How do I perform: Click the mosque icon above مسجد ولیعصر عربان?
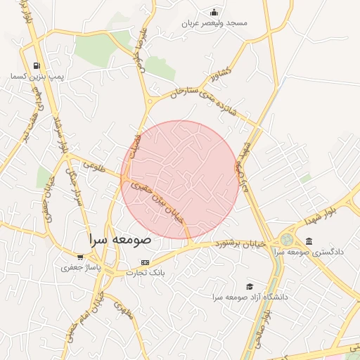click(214, 12)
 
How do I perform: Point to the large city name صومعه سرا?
click(120, 239)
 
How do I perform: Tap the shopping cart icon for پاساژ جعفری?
click(80, 257)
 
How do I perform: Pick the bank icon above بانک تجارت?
click(146, 262)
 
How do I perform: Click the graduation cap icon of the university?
click(249, 286)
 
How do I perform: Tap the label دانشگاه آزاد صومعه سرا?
click(250, 297)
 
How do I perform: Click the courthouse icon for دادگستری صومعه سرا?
click(309, 241)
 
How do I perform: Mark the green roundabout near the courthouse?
click(287, 240)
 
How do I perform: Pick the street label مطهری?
click(124, 310)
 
